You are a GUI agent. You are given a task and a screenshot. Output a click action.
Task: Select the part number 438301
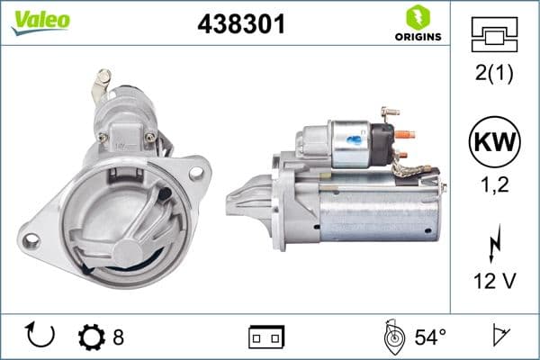tap(240, 24)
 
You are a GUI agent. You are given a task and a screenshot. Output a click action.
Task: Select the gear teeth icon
tap(92, 337)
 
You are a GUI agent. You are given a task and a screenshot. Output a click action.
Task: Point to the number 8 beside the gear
tap(118, 337)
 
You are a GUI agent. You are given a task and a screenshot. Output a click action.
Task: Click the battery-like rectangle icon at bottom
tap(266, 337)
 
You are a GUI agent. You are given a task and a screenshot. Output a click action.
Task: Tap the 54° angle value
tap(430, 337)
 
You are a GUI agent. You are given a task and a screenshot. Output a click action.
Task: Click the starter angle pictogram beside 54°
tap(391, 337)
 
